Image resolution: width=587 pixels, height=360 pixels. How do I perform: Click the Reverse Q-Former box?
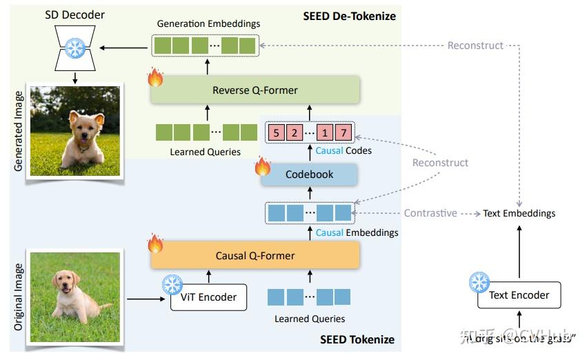[255, 90]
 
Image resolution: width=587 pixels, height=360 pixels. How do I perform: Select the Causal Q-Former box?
[255, 255]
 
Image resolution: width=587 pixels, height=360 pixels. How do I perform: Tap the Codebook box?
[309, 174]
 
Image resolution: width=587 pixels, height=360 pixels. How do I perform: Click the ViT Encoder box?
[208, 297]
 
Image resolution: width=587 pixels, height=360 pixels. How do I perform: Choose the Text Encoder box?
[519, 295]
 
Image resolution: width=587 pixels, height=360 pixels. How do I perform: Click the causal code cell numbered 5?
[277, 132]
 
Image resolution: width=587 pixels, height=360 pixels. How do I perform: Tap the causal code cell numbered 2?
[294, 132]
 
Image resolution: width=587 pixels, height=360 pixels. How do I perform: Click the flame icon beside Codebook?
[263, 166]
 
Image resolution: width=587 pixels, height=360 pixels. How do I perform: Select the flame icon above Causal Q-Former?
[155, 243]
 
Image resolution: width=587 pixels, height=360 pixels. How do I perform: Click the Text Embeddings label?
[519, 213]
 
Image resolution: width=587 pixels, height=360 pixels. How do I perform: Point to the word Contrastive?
[430, 213]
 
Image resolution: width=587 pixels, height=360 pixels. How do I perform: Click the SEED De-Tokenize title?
[349, 15]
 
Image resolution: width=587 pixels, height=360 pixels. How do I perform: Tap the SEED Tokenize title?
[357, 339]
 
